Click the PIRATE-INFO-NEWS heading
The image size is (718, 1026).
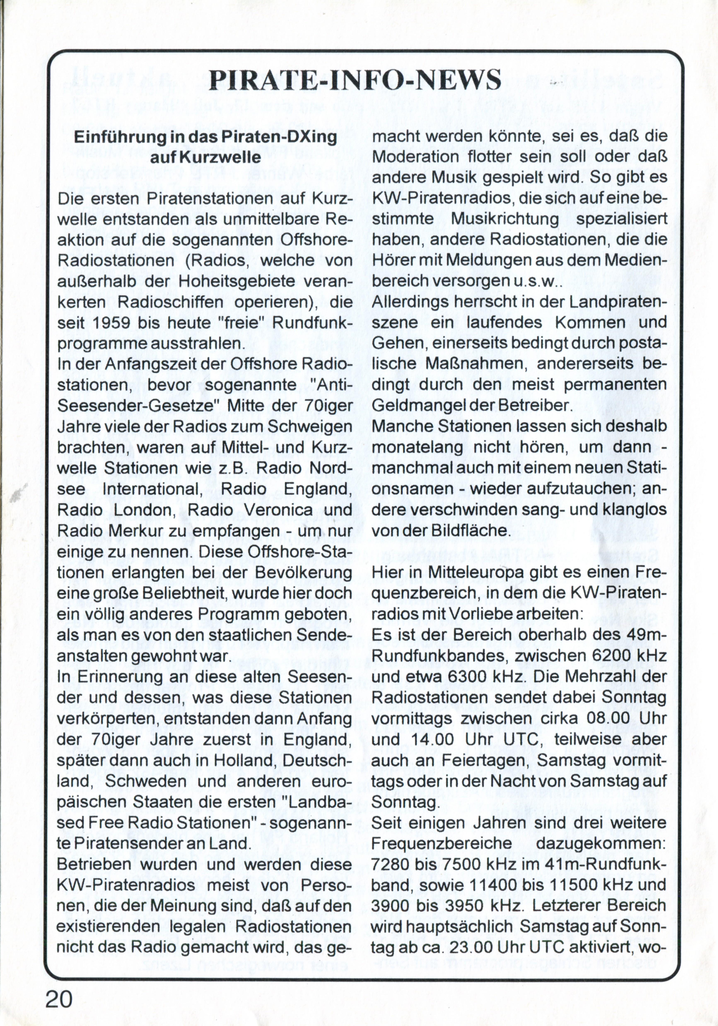[355, 80]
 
